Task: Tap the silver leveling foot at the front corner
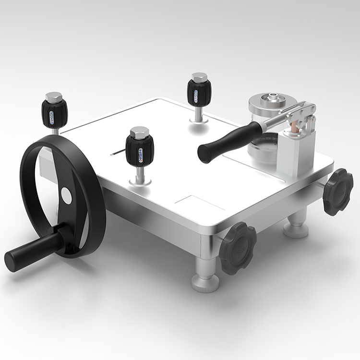click(x=205, y=278)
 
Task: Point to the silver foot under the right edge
click(x=296, y=226)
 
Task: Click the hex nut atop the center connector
click(x=139, y=132)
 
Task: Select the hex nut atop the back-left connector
click(x=54, y=96)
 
